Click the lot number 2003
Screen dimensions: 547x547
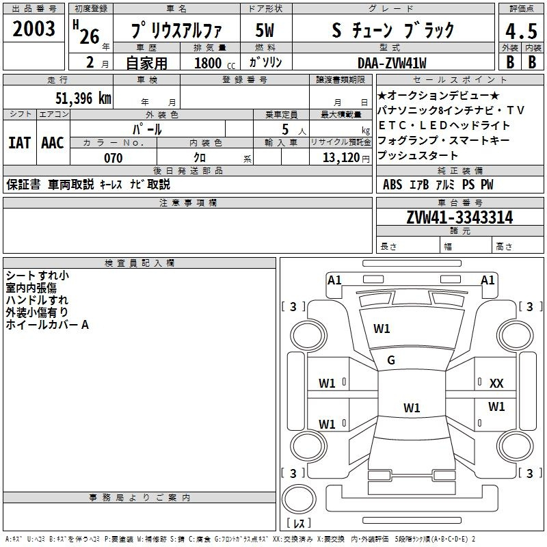click(x=34, y=29)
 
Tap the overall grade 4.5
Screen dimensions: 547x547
click(x=521, y=31)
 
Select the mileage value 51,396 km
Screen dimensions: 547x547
click(x=83, y=98)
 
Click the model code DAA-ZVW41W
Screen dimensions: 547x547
click(x=392, y=63)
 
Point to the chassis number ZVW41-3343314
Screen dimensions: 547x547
click(x=459, y=217)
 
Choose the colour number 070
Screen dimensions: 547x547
click(x=114, y=158)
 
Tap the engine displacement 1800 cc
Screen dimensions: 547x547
click(x=215, y=63)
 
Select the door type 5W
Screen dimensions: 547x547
click(x=265, y=30)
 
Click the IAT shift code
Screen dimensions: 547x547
click(x=20, y=143)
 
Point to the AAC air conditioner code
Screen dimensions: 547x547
click(x=53, y=143)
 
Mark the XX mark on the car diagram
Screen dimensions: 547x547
click(x=496, y=384)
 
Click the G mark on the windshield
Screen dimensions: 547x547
click(x=391, y=360)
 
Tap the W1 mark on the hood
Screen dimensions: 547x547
click(x=382, y=328)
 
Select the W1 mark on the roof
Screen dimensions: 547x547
click(x=412, y=408)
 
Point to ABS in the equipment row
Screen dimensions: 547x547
click(x=392, y=184)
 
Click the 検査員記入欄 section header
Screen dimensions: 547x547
click(x=139, y=263)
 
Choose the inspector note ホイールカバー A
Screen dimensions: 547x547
click(x=47, y=325)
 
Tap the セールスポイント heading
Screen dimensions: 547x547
click(x=459, y=79)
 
